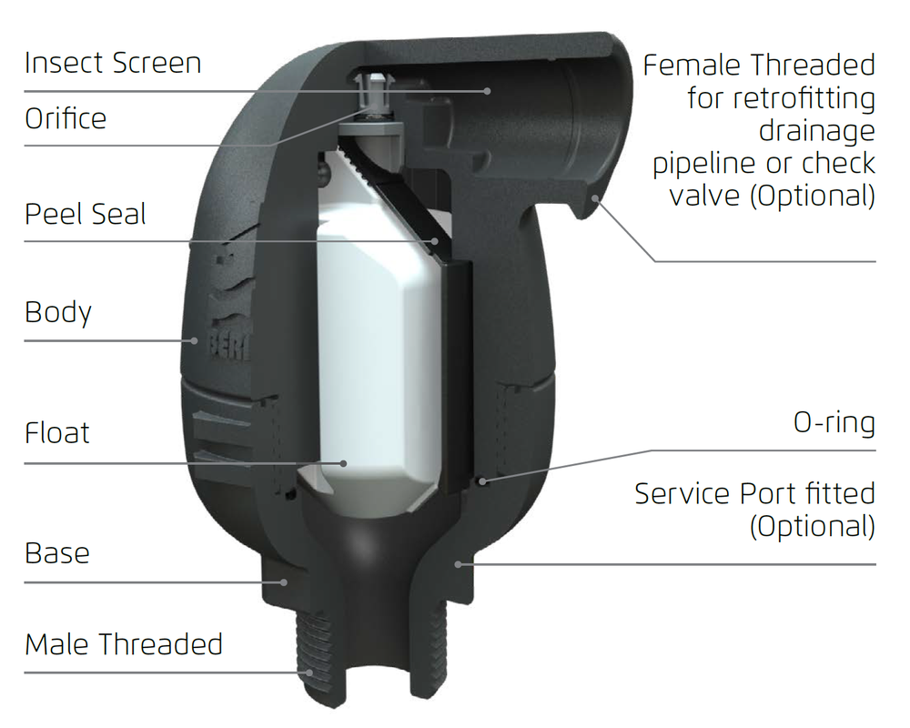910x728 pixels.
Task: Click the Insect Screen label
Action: click(113, 63)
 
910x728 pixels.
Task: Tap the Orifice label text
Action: click(66, 118)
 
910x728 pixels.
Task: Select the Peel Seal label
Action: click(85, 214)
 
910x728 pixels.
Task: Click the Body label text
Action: click(58, 313)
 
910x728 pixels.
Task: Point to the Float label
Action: click(56, 432)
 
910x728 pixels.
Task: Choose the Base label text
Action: click(56, 552)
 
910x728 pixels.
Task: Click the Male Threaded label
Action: click(124, 643)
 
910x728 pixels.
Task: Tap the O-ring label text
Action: click(834, 422)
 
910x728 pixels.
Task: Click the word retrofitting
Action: click(781, 98)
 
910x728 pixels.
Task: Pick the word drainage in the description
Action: click(817, 131)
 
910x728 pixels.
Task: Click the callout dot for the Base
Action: click(284, 581)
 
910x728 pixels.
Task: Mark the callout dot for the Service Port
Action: click(458, 563)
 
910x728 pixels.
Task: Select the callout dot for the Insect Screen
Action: click(488, 91)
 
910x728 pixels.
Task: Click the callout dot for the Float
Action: click(344, 463)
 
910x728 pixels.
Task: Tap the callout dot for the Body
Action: click(195, 340)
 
